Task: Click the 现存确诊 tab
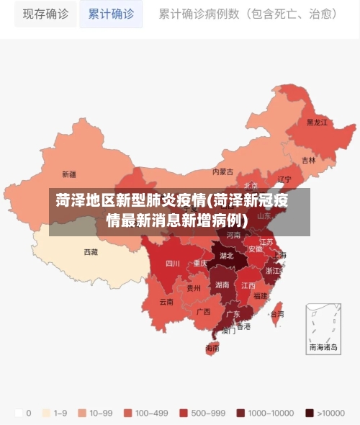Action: [x=44, y=14]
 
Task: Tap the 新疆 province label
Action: [x=69, y=174]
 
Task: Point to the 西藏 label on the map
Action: [x=91, y=252]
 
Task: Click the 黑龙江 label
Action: [x=317, y=122]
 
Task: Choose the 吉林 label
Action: [x=308, y=160]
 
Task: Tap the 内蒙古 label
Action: [x=223, y=172]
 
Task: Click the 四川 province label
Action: [x=173, y=264]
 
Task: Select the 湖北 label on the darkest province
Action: [x=226, y=256]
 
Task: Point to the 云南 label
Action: [x=166, y=302]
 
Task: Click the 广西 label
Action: [x=204, y=312]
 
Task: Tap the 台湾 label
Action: [x=276, y=314]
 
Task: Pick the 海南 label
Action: [x=212, y=348]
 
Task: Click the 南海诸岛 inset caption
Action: [x=323, y=347]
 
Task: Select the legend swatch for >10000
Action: [x=310, y=413]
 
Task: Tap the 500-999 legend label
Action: [x=207, y=413]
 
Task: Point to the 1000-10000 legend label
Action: [x=271, y=413]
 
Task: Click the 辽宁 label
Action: [x=284, y=179]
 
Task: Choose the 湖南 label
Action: [x=222, y=285]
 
